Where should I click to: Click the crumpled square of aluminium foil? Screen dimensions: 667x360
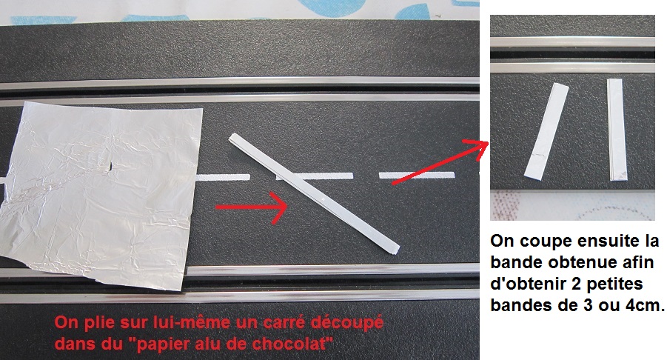pyautogui.click(x=100, y=193)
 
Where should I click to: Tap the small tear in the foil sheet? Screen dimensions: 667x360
pyautogui.click(x=109, y=167)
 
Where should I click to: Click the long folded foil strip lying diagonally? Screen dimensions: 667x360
pyautogui.click(x=315, y=193)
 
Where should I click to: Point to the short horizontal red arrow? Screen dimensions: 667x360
pyautogui.click(x=252, y=207)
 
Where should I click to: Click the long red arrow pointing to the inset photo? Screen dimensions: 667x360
pyautogui.click(x=440, y=161)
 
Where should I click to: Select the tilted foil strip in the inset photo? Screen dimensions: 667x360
pyautogui.click(x=546, y=132)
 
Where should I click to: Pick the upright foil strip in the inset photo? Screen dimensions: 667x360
pyautogui.click(x=617, y=130)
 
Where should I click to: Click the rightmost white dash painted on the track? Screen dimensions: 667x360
pyautogui.click(x=417, y=175)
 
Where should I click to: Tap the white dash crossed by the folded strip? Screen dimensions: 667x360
pyautogui.click(x=315, y=176)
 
